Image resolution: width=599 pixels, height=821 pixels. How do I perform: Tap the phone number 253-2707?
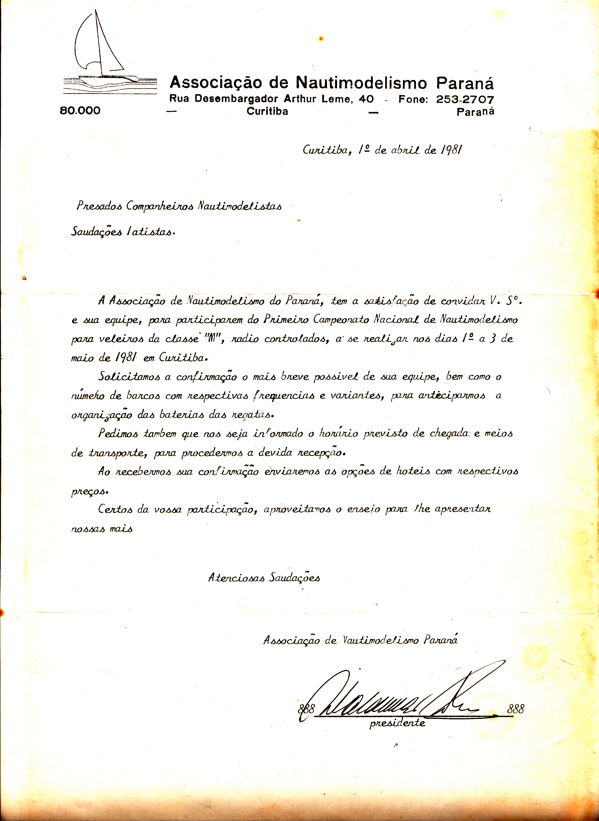click(x=465, y=99)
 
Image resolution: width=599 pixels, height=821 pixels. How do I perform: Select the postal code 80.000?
click(x=80, y=110)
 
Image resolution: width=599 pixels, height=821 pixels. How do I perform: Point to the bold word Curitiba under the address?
click(x=267, y=111)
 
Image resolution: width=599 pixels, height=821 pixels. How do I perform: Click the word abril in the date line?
click(x=405, y=150)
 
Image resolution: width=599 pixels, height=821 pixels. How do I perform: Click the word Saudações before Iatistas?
click(x=96, y=232)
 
